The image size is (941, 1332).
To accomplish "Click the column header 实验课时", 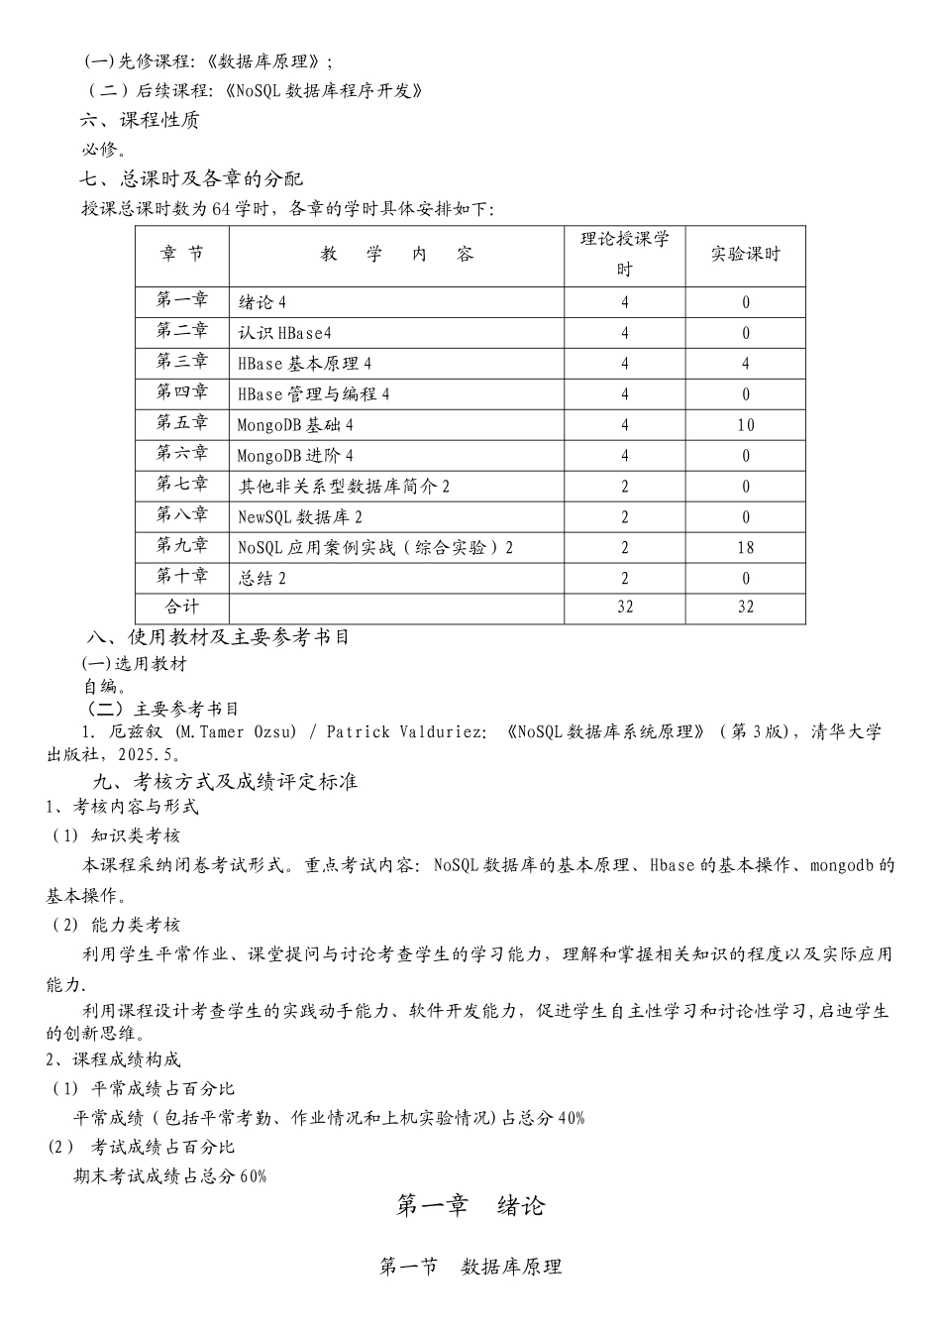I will click(745, 255).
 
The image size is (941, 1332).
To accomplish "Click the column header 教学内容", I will click(396, 255).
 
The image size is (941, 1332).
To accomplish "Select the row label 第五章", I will click(182, 423).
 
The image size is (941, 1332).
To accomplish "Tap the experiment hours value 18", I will click(745, 548).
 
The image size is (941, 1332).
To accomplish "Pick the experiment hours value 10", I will click(745, 425).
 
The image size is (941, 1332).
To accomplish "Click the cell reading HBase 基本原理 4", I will click(305, 364).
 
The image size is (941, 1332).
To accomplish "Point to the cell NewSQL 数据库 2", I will click(300, 517).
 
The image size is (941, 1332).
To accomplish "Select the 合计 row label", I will click(182, 607).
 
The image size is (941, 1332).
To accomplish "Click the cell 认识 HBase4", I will click(284, 333).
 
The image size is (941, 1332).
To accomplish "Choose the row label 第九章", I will click(182, 546).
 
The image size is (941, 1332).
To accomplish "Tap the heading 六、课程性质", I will click(140, 121).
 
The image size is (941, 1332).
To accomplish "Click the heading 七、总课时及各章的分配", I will click(191, 179).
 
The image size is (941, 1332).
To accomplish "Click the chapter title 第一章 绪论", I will click(470, 1206).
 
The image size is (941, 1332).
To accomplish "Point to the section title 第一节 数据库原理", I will click(470, 1267).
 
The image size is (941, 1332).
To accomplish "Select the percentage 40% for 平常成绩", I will click(572, 1119).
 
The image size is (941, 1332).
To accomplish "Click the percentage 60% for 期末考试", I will click(253, 1177).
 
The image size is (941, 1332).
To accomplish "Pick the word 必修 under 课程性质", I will click(99, 151).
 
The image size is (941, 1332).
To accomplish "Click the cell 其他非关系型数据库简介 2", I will click(344, 487).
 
